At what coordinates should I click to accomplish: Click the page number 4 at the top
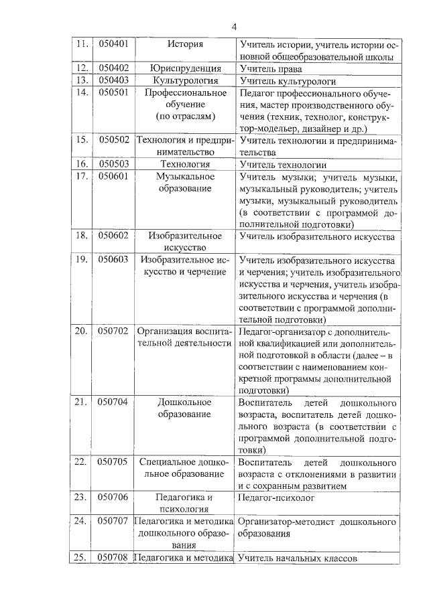[234, 27]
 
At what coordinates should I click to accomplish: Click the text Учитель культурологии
[282, 80]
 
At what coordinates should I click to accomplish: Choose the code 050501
[113, 92]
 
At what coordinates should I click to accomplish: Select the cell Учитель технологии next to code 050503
[282, 164]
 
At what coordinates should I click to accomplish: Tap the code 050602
[113, 236]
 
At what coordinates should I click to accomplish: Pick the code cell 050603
[113, 259]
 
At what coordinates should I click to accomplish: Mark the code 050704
[113, 402]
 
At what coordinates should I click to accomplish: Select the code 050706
[113, 498]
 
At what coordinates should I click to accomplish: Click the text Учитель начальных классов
[297, 557]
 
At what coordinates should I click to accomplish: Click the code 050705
[113, 462]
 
